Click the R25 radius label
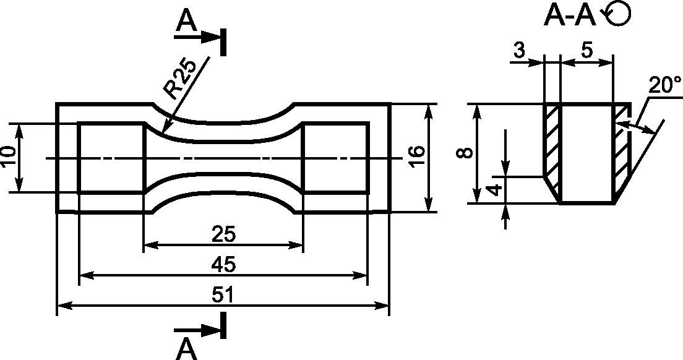(180, 79)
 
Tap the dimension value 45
(223, 265)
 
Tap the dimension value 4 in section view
(494, 191)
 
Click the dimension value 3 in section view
(519, 51)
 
